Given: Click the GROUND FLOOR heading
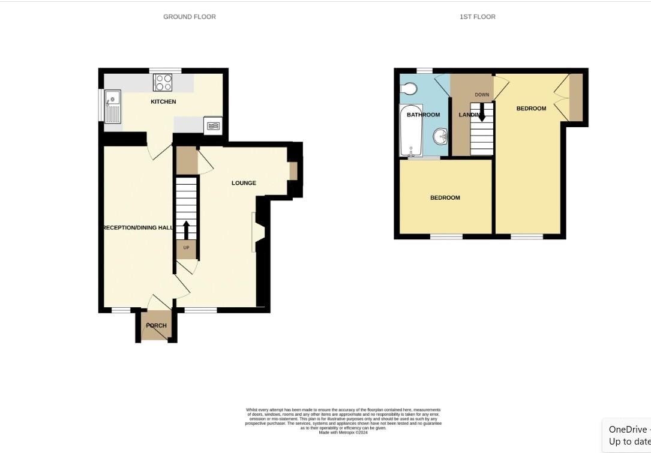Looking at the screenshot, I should (190, 17).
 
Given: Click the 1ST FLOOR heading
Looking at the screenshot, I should (478, 17).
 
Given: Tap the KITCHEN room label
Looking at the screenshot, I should (163, 102).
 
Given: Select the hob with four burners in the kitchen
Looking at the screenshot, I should (163, 82).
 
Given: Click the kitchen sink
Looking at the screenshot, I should (112, 106).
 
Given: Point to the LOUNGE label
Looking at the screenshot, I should (244, 183).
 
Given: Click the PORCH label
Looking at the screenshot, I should (157, 326).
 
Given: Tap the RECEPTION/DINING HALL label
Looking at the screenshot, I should (139, 228).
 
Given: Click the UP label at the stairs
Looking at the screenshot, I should (186, 248).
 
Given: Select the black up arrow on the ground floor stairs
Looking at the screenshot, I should (186, 230).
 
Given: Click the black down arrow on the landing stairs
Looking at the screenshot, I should (481, 112).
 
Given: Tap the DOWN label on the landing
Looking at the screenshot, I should (482, 95).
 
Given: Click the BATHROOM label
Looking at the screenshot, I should (423, 115).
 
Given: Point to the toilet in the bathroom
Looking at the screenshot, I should (409, 89).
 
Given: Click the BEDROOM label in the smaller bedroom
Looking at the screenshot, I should (445, 198).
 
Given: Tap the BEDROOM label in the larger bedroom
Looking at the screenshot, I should (531, 109).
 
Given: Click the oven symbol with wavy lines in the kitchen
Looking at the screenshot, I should (213, 125).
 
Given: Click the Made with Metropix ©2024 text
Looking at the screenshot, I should (343, 433).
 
